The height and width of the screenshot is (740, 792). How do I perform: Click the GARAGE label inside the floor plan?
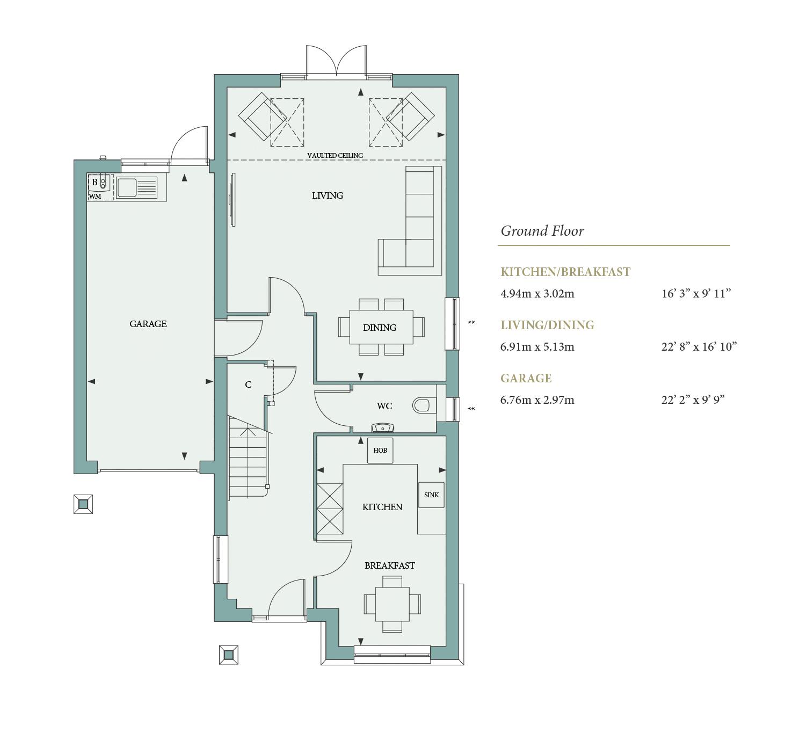click(148, 324)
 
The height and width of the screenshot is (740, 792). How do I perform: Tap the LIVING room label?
click(327, 195)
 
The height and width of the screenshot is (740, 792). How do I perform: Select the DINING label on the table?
click(380, 328)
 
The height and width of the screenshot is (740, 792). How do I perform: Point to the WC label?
click(384, 406)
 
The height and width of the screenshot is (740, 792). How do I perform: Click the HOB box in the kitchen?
click(380, 450)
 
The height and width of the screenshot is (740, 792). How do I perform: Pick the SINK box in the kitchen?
click(431, 495)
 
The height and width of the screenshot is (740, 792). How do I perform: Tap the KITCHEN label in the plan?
click(382, 507)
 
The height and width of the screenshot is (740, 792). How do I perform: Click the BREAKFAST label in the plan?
click(389, 565)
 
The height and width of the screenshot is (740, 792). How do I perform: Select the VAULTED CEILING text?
click(335, 155)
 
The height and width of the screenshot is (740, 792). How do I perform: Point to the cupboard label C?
click(248, 384)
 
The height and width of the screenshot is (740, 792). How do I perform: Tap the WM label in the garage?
click(95, 197)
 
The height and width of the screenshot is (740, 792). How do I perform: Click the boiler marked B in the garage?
click(95, 183)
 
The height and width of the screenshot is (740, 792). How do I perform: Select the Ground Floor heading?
click(542, 231)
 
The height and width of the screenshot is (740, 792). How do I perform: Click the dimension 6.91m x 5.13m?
click(537, 347)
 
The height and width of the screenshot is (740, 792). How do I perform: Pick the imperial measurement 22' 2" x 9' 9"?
click(693, 400)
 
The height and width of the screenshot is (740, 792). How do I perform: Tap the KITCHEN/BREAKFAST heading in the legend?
click(565, 272)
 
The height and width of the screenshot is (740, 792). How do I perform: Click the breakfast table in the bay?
click(392, 604)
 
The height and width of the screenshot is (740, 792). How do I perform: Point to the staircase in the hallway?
click(248, 456)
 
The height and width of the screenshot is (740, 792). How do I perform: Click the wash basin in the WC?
click(382, 428)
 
